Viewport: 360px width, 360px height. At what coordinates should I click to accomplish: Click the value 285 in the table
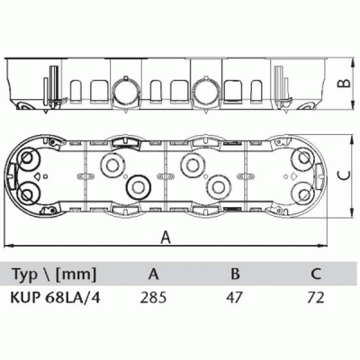[153, 298]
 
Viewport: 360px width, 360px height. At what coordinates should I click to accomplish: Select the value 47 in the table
[235, 298]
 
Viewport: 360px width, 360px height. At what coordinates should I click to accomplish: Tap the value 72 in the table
[316, 298]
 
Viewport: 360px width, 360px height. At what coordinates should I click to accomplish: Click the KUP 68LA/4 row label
[55, 298]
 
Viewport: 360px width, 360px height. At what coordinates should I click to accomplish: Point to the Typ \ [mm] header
[54, 274]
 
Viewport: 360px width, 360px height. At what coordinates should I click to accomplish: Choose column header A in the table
[153, 274]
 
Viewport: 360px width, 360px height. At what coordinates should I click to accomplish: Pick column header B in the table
[236, 274]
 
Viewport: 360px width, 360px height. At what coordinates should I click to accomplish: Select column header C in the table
[316, 274]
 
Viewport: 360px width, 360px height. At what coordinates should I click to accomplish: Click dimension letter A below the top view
[166, 237]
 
